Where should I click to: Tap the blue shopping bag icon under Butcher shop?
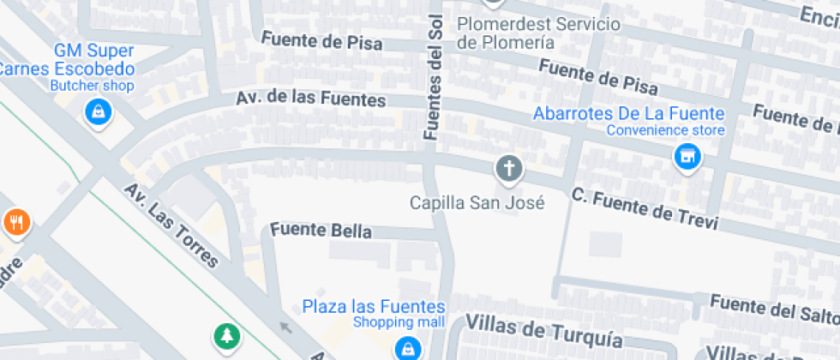pyautogui.click(x=99, y=111)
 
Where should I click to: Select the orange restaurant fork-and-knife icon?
pyautogui.click(x=16, y=223)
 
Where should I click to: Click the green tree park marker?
pyautogui.click(x=226, y=336)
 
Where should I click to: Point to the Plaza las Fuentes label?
pyautogui.click(x=374, y=307)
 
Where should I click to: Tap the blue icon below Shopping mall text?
pyautogui.click(x=405, y=348)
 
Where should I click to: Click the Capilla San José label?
pyautogui.click(x=477, y=203)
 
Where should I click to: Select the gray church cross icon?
pyautogui.click(x=509, y=169)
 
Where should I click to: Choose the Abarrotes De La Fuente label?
pyautogui.click(x=629, y=113)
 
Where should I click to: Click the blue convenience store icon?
pyautogui.click(x=686, y=157)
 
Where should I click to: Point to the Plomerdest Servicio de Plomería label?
pyautogui.click(x=538, y=33)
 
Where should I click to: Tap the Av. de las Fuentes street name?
pyautogui.click(x=311, y=99)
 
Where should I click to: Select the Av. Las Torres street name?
pyautogui.click(x=171, y=225)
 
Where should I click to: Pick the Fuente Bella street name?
pyautogui.click(x=321, y=231)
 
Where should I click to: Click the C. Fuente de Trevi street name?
pyautogui.click(x=645, y=208)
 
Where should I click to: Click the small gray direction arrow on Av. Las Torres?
pyautogui.click(x=286, y=326)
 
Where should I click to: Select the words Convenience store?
pyautogui.click(x=666, y=130)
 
